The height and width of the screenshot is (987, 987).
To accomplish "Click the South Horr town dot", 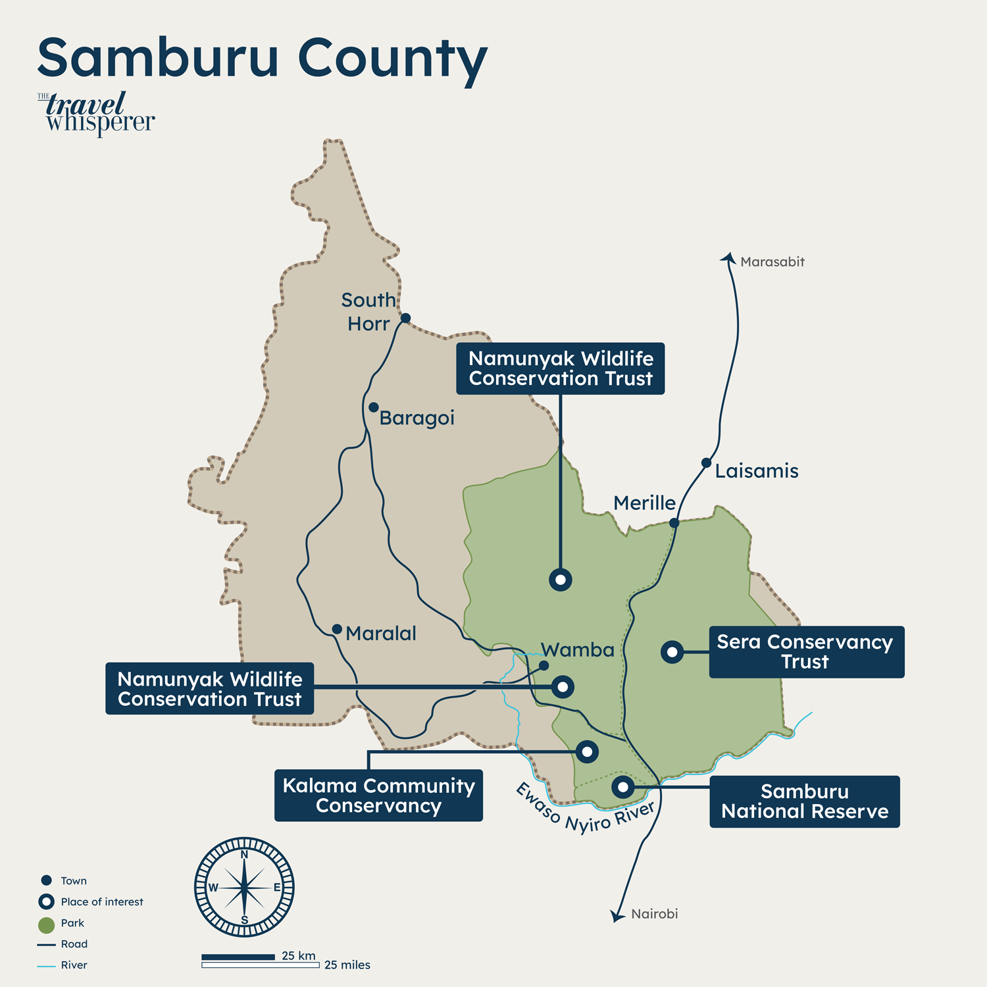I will [x=405, y=318].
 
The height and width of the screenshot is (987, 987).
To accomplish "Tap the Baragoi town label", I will [x=417, y=418].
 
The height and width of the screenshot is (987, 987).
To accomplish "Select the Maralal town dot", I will [x=337, y=630].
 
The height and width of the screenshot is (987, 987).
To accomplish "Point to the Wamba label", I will [x=577, y=650].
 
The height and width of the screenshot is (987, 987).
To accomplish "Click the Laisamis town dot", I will [x=706, y=463].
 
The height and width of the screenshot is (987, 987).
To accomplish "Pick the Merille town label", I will [x=644, y=503].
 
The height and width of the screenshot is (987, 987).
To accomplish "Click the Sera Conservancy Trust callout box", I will [x=806, y=652].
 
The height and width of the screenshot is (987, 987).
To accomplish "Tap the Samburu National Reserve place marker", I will [x=622, y=786].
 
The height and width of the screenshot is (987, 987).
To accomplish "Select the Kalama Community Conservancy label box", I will [x=378, y=796].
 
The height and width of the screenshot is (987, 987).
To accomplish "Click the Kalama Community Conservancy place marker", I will [x=587, y=751].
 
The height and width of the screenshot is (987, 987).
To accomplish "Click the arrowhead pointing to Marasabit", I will [x=728, y=258].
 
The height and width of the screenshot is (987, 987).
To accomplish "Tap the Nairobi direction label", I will [x=654, y=914].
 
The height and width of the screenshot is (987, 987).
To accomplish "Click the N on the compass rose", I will [x=244, y=855].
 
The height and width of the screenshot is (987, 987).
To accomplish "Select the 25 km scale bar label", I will [x=299, y=955].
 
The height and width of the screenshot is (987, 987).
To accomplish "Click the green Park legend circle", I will [x=46, y=925].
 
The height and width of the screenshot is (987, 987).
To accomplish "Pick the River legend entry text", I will [x=74, y=965].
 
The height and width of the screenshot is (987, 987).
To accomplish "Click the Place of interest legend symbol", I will [x=46, y=901].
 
